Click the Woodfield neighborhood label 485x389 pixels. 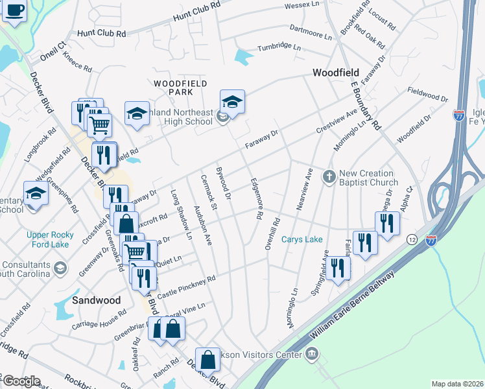tap(337, 73)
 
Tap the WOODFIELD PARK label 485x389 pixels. tap(180, 89)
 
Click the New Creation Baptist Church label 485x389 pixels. tap(366, 178)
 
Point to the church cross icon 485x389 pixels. tap(329, 176)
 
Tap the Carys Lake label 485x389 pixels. tap(302, 239)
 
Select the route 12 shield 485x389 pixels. tap(412, 240)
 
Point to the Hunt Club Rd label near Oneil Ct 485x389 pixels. tap(101, 32)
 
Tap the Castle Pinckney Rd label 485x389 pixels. tap(186, 287)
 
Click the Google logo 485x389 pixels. tap(21, 381)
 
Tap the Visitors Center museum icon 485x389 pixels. tap(312, 354)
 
